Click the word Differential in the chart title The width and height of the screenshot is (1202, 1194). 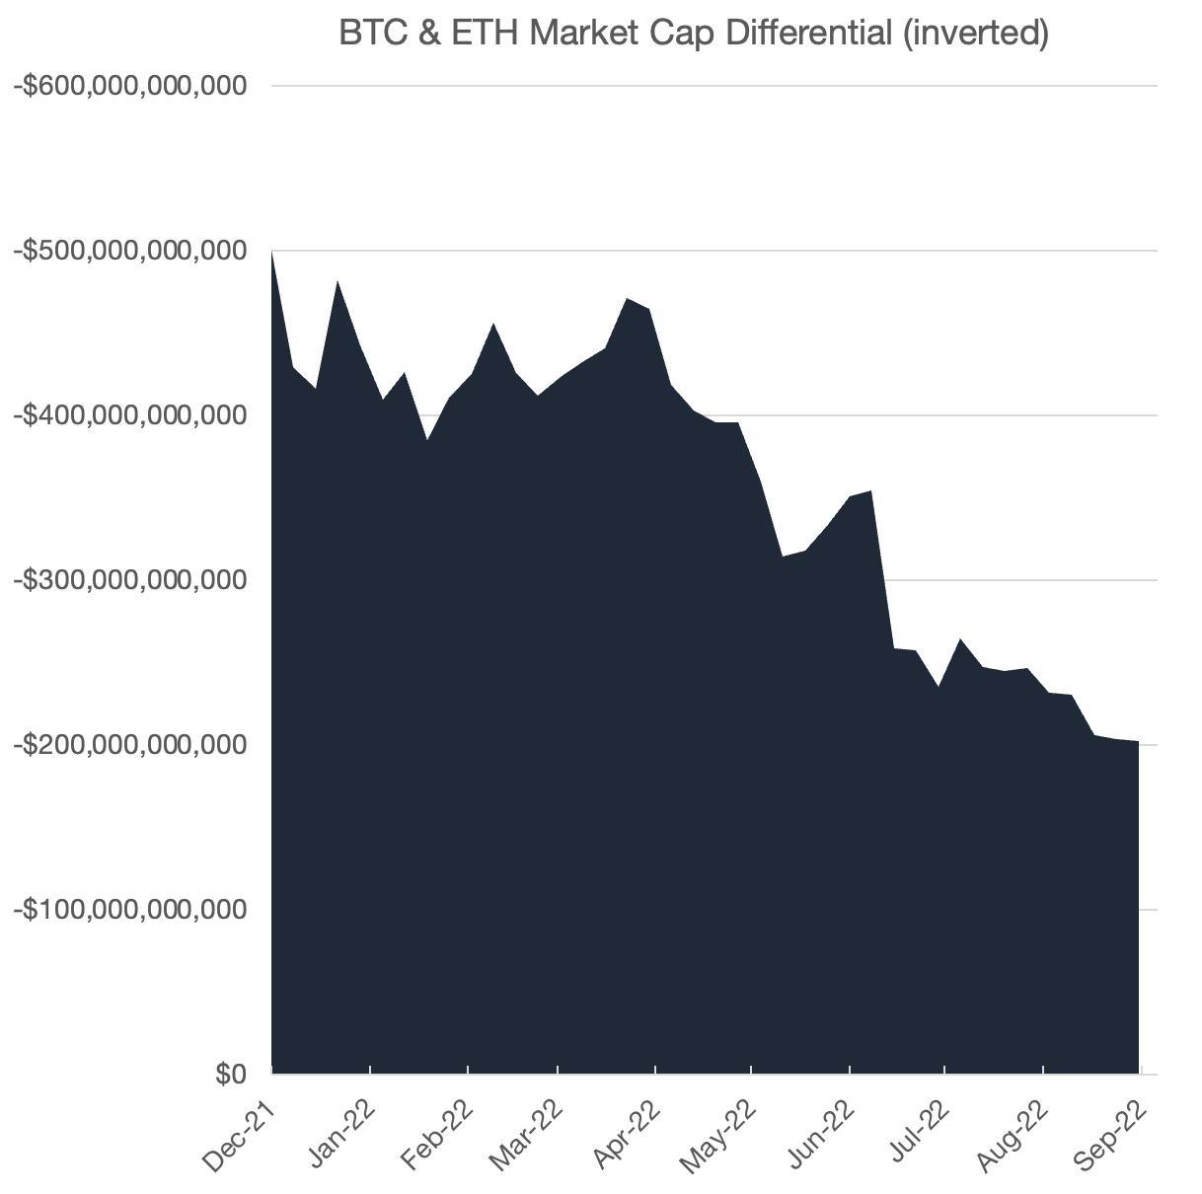tap(799, 33)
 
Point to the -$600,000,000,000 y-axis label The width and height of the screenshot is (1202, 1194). tap(129, 87)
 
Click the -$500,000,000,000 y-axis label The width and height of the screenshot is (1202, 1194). tap(129, 252)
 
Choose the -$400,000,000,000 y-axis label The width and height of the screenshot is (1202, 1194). tap(129, 415)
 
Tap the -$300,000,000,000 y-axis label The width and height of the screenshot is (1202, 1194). tap(129, 580)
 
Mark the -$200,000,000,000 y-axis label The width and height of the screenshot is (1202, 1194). tap(129, 745)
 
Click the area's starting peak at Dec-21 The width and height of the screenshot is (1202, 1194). tap(272, 253)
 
